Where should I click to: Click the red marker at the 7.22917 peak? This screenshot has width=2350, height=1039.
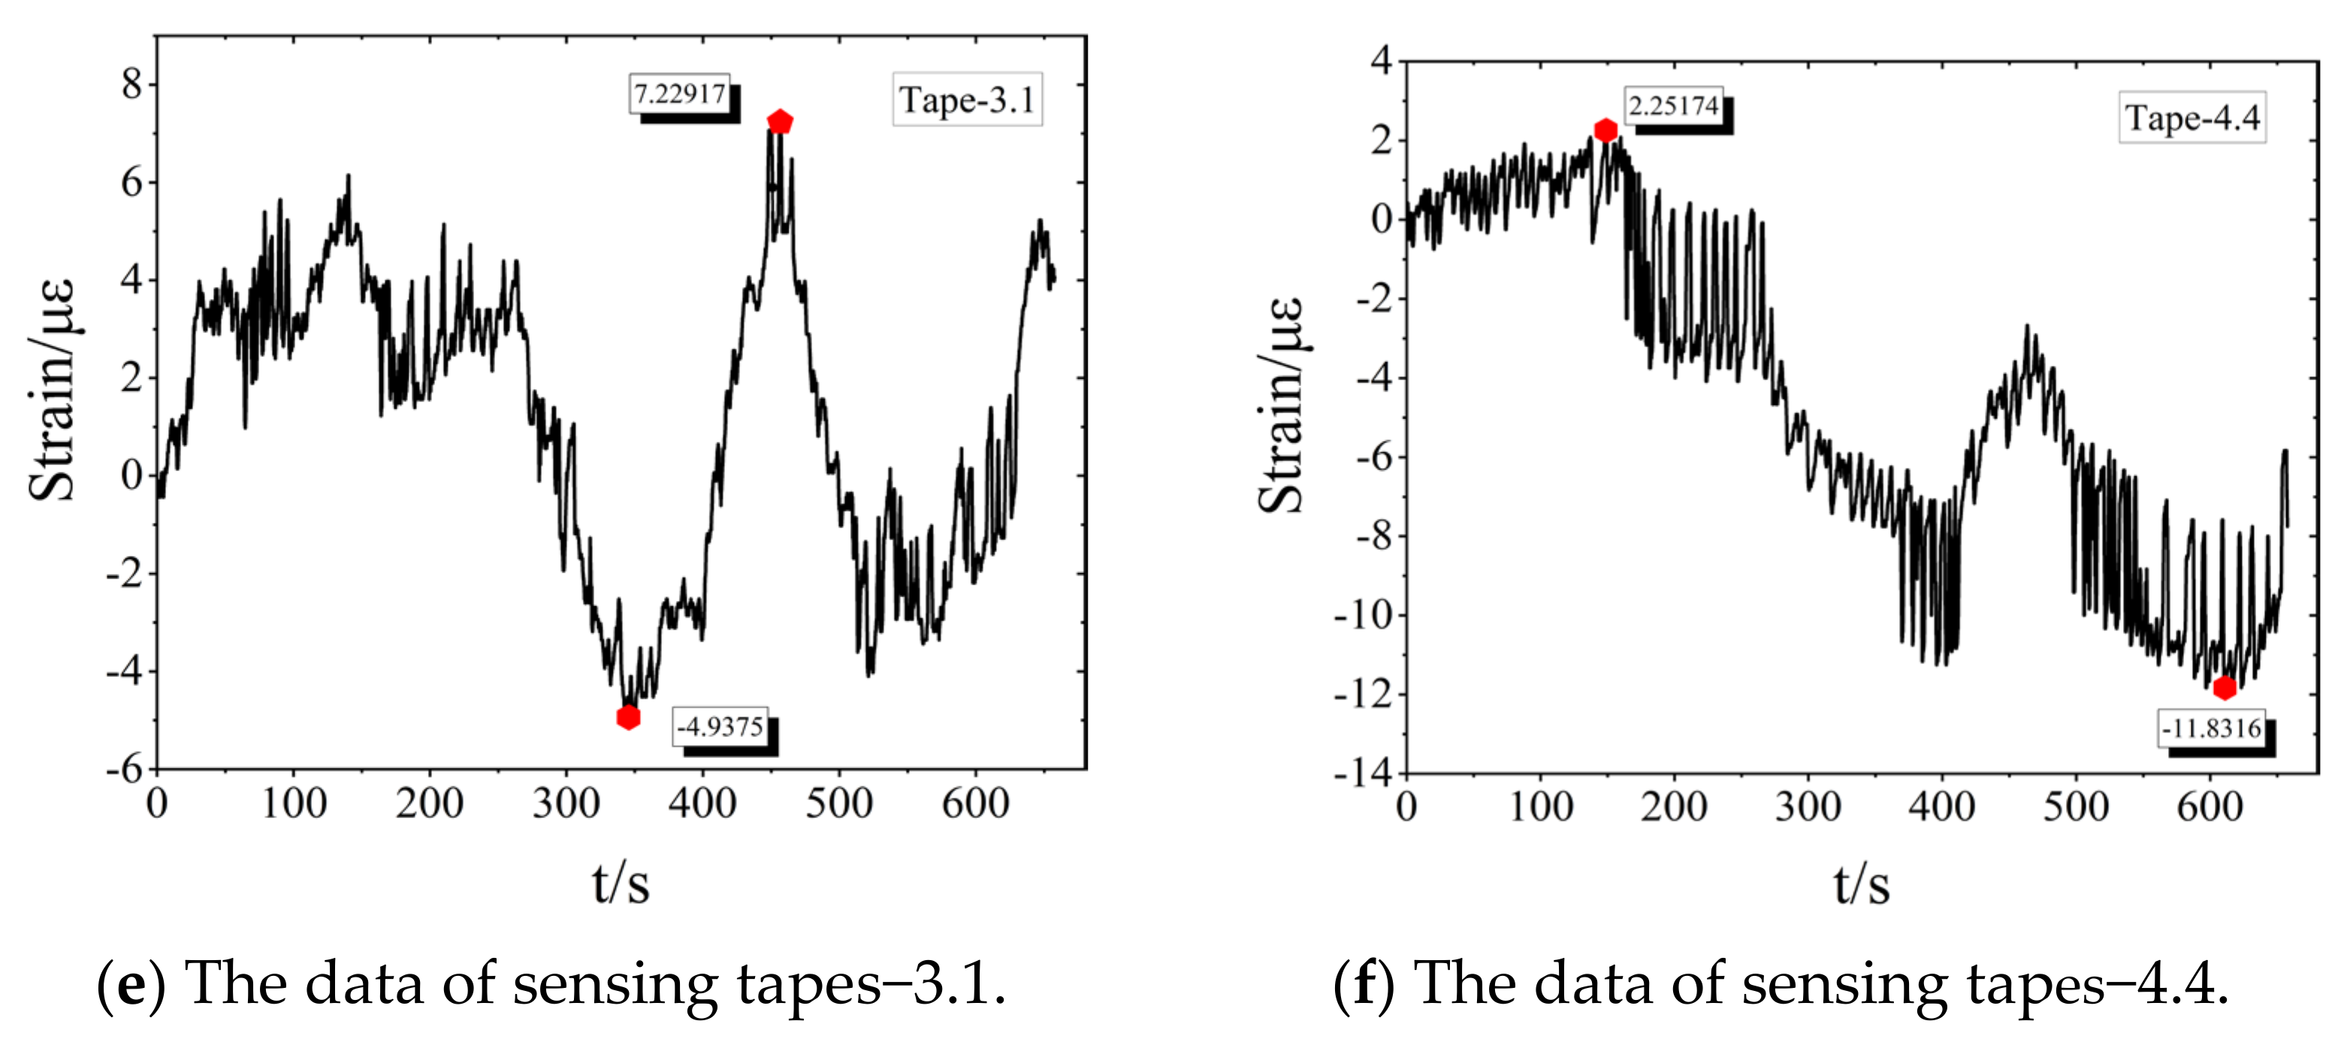[780, 121]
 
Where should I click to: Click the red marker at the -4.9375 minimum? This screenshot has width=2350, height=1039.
[627, 717]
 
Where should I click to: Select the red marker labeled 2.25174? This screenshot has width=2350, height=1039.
[1605, 131]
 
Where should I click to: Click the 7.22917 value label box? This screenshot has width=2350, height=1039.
[680, 94]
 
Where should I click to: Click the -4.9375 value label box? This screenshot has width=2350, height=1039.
[720, 727]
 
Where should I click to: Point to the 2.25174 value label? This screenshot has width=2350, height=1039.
[1673, 106]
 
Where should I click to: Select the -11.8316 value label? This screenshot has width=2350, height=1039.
[2210, 729]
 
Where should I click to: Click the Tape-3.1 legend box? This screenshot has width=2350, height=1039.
[967, 99]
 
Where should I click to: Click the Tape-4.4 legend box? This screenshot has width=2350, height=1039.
[2192, 118]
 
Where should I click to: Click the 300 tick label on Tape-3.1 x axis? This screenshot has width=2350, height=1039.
[566, 805]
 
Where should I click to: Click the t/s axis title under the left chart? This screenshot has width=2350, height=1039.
[621, 883]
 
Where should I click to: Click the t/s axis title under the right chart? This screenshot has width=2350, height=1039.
[1861, 885]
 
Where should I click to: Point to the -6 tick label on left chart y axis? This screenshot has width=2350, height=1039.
[124, 769]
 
